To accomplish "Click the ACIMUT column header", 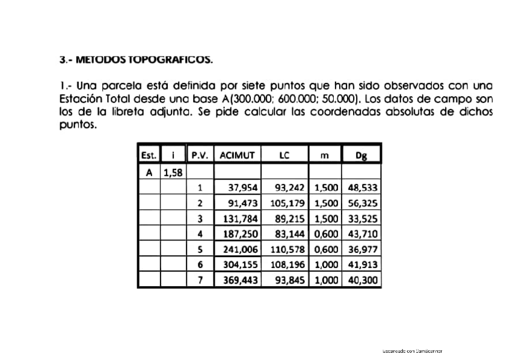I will [x=238, y=154].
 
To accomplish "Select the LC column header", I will [x=284, y=154].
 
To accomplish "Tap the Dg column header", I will [x=361, y=154].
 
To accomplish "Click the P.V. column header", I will [x=200, y=154].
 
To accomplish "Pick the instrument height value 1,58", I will [x=173, y=173].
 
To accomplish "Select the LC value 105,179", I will [x=287, y=203].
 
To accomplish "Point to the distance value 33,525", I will [x=362, y=218].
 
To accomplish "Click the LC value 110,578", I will [x=287, y=249].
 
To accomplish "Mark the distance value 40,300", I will [x=362, y=279].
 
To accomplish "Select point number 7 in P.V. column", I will [x=200, y=279].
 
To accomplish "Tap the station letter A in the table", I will [x=149, y=173].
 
